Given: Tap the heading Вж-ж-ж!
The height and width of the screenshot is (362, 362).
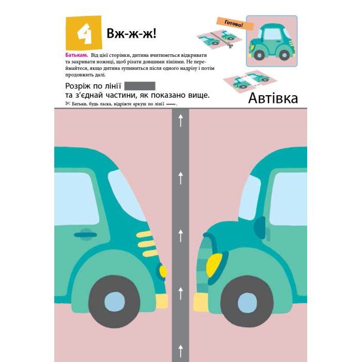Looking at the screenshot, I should pyautogui.click(x=131, y=34).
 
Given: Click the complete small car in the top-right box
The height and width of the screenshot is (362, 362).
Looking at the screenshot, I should pyautogui.click(x=271, y=41).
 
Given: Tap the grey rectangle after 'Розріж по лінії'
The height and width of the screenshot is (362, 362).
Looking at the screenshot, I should pyautogui.click(x=140, y=86).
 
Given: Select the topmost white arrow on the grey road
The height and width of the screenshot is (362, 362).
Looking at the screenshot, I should pyautogui.click(x=180, y=121).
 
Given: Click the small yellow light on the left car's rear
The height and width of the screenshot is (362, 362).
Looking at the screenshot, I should pyautogui.click(x=163, y=271).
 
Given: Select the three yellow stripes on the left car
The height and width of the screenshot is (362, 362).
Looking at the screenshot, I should pyautogui.click(x=143, y=240).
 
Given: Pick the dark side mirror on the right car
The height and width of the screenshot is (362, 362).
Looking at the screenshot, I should pyautogui.click(x=260, y=226).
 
